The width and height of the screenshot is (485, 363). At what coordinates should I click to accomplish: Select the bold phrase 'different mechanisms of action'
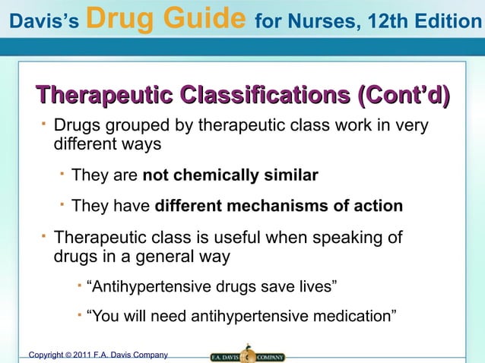pyautogui.click(x=278, y=207)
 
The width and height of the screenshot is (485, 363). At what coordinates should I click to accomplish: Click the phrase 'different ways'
pyautogui.click(x=108, y=144)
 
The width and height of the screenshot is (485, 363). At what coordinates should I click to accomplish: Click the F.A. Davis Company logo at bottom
pyautogui.click(x=247, y=355)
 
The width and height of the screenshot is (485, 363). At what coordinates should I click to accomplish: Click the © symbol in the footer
pyautogui.click(x=68, y=355)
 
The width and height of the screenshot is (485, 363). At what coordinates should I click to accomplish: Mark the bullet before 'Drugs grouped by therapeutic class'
pyautogui.click(x=43, y=122)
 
